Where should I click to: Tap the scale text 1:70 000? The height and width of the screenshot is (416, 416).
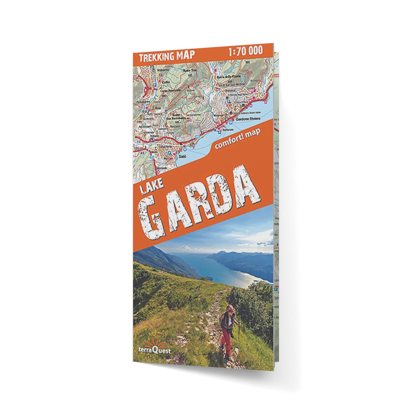click(x=245, y=51)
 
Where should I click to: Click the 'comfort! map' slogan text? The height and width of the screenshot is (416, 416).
click(x=237, y=138)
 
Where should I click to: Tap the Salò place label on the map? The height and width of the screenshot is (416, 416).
click(x=182, y=156)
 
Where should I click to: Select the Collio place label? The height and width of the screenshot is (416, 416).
click(x=166, y=82)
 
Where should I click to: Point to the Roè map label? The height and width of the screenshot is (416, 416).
click(x=157, y=108)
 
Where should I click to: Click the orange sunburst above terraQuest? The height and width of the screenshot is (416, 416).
click(x=155, y=343)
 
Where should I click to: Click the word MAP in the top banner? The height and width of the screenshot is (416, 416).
click(x=186, y=55)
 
